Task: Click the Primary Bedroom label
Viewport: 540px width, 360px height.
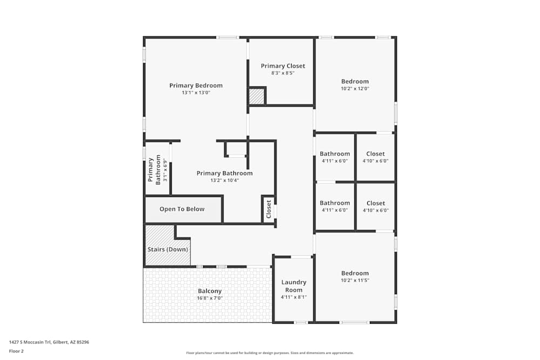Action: coord(195,85)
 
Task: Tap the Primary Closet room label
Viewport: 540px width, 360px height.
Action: coord(283,66)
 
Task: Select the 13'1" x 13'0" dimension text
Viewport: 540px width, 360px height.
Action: coord(195,93)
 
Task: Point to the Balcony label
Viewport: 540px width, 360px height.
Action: coord(210,291)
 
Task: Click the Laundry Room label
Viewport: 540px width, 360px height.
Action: coord(294,286)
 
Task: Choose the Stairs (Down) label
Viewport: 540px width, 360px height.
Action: coord(167,249)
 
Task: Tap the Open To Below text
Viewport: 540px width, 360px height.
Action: coord(182,209)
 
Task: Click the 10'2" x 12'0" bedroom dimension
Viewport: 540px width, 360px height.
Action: coord(355,89)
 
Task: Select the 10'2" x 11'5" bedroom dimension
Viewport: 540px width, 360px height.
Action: coord(355,281)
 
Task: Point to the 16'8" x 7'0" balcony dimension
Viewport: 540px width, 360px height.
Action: coord(210,298)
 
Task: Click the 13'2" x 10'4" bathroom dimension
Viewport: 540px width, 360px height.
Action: coord(225,180)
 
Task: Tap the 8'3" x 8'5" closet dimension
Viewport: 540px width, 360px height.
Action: coord(283,73)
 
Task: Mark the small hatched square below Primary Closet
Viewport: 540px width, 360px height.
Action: coord(256,97)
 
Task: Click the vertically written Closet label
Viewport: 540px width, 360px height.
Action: coord(268,209)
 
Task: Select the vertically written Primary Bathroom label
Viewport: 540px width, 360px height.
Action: coord(151,170)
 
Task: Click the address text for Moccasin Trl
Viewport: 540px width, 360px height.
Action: coord(49,342)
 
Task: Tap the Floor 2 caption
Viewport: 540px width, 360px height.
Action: coord(16,351)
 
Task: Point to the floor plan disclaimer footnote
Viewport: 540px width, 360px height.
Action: coord(269,352)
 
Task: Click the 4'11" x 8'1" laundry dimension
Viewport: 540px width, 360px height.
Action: coord(294,297)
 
